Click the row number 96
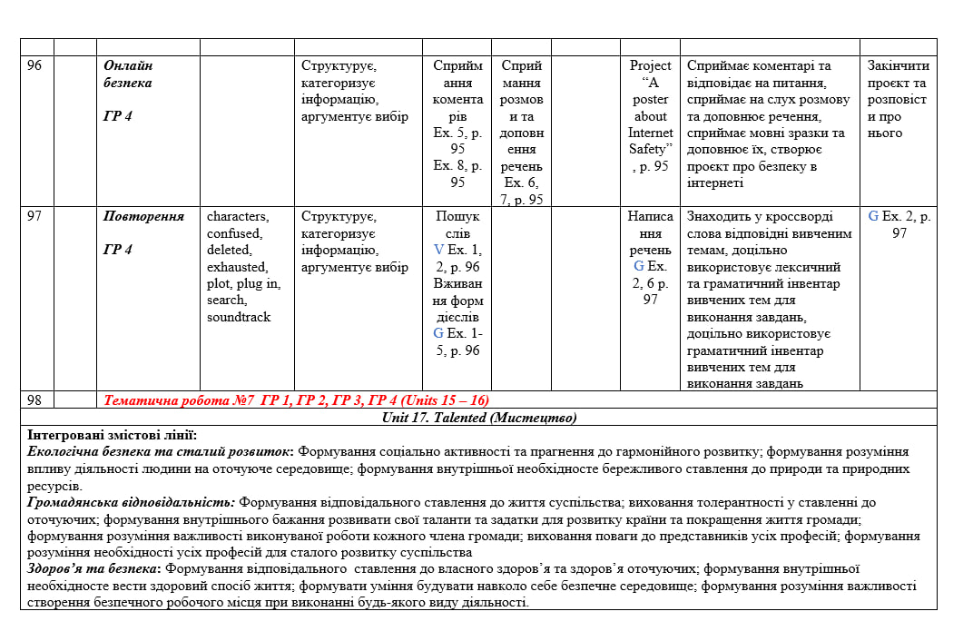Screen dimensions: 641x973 [34, 65]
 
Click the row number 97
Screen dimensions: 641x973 [34, 216]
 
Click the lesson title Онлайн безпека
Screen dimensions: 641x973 [128, 74]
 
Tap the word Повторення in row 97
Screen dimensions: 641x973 [143, 216]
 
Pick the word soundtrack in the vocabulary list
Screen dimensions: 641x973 [239, 317]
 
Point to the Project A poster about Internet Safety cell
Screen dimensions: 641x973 [650, 115]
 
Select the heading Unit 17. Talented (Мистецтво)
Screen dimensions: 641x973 [479, 418]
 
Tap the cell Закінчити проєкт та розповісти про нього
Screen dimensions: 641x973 [898, 99]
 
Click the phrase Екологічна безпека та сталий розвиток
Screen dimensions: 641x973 [160, 450]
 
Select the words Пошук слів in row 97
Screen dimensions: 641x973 [457, 224]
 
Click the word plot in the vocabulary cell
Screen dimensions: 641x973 [220, 283]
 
